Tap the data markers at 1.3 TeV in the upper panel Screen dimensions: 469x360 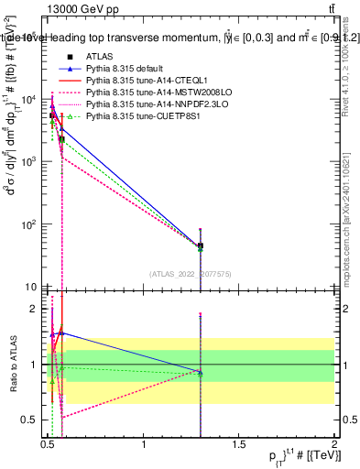tap(201, 245)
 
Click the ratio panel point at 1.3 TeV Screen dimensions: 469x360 tap(201, 371)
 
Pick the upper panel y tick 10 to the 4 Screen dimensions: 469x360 tap(29, 100)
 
